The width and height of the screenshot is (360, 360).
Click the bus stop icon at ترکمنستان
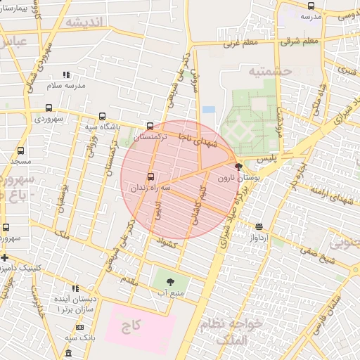(149, 127)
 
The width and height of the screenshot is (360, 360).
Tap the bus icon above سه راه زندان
(150, 177)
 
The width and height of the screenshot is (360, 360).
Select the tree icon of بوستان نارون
(238, 167)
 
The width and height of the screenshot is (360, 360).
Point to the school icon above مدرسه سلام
(67, 75)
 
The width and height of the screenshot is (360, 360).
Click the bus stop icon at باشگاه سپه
(103, 117)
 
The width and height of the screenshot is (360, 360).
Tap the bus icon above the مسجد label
(20, 150)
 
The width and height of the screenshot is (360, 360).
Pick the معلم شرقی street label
(300, 41)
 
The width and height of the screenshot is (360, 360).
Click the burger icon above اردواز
(259, 226)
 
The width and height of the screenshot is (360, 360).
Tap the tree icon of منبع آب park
(170, 281)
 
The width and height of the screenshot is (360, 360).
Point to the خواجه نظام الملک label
(240, 330)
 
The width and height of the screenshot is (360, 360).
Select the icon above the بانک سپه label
(79, 327)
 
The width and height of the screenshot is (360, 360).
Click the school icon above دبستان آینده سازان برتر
(75, 288)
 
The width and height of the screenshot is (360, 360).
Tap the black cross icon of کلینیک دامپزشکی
(4, 257)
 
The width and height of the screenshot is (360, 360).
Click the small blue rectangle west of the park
(208, 110)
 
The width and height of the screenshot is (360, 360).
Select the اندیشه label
(84, 22)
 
